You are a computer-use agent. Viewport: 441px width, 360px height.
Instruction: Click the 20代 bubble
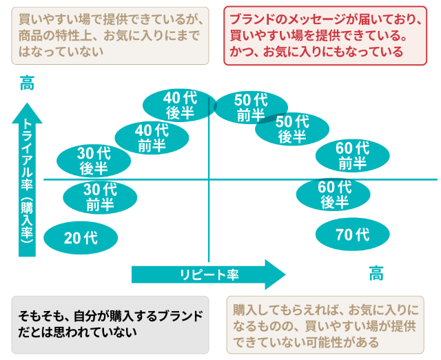click(x=81, y=238)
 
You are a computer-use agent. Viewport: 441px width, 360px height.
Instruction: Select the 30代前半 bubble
click(x=100, y=197)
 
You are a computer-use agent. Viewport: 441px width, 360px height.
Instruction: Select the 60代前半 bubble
click(x=352, y=155)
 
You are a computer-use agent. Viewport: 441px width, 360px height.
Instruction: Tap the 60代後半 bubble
click(x=334, y=194)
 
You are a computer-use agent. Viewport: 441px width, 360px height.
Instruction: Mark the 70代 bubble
click(x=352, y=234)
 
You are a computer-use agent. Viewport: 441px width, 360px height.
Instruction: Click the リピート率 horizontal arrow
click(x=207, y=274)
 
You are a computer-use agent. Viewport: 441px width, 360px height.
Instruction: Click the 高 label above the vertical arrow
click(x=27, y=86)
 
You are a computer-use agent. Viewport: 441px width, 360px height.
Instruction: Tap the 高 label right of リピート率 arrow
click(x=376, y=274)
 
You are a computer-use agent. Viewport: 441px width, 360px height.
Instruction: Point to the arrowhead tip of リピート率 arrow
click(x=283, y=274)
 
